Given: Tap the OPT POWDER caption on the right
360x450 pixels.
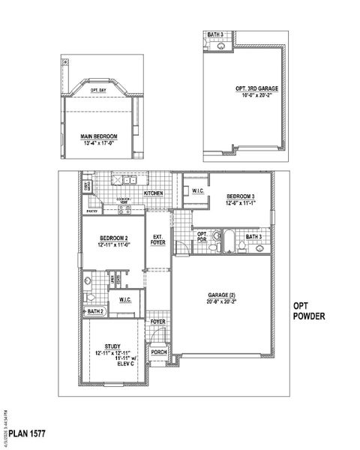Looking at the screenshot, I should pyautogui.click(x=309, y=311).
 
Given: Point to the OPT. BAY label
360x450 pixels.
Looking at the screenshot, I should pyautogui.click(x=98, y=90).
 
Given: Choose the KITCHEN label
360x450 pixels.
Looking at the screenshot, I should pyautogui.click(x=154, y=193).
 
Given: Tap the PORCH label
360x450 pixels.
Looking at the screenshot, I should pyautogui.click(x=158, y=351).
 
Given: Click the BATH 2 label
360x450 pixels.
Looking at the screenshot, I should pyautogui.click(x=95, y=310).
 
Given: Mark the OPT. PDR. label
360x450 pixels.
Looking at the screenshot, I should pyautogui.click(x=202, y=237).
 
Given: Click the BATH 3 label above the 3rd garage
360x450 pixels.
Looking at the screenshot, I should pyautogui.click(x=215, y=35).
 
